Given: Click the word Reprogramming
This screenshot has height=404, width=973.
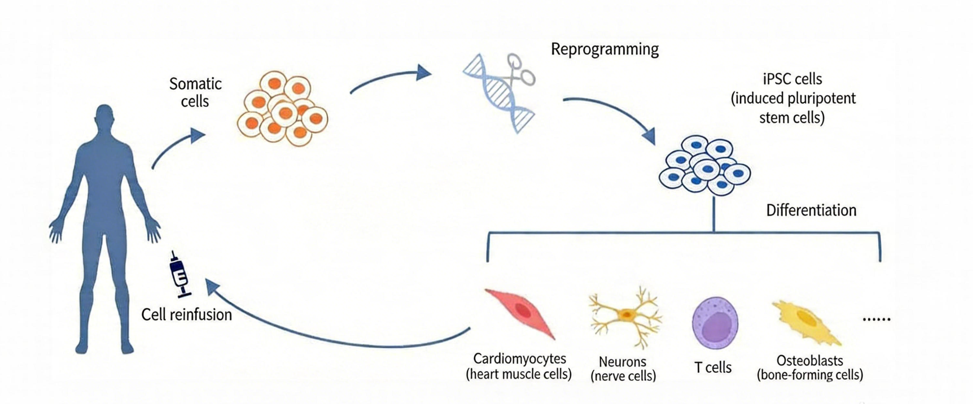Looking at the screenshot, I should tap(605, 50).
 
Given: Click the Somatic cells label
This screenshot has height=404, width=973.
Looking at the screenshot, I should tap(195, 92).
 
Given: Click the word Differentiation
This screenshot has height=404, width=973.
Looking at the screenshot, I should tap(811, 210).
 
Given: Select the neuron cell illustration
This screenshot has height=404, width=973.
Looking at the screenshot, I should tap(625, 316).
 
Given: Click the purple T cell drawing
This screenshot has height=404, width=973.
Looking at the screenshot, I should tap(715, 323).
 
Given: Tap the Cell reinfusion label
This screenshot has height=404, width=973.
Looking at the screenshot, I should tap(187, 315).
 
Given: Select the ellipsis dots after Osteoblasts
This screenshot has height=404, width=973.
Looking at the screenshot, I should tap(876, 319).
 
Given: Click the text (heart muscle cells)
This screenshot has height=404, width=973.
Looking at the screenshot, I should tap(519, 374).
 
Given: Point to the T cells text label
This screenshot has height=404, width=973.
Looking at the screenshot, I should tap(713, 367).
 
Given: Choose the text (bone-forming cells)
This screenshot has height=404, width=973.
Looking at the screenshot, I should tap(810, 375).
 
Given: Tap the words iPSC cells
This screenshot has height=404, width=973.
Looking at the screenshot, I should tap(793, 79).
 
